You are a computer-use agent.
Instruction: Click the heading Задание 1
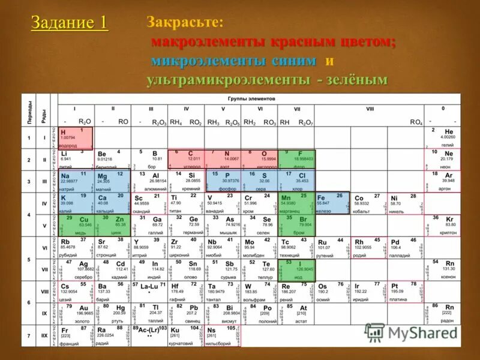(x=70, y=23)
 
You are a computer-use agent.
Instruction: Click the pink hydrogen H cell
(x=76, y=138)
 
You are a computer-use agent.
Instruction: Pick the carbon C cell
(x=186, y=160)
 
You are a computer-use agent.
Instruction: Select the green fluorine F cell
(x=296, y=160)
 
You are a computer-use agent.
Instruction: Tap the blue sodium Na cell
(x=76, y=181)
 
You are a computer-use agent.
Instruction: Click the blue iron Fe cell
(x=332, y=203)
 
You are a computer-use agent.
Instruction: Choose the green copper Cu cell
(x=76, y=225)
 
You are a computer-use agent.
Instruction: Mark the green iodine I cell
(x=296, y=269)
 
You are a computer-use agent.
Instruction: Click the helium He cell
(x=442, y=138)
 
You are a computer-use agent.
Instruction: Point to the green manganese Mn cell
(x=296, y=203)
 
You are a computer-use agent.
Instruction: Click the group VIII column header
(x=369, y=109)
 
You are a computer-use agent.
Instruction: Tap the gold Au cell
(x=76, y=313)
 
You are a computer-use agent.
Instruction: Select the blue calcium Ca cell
(x=111, y=203)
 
